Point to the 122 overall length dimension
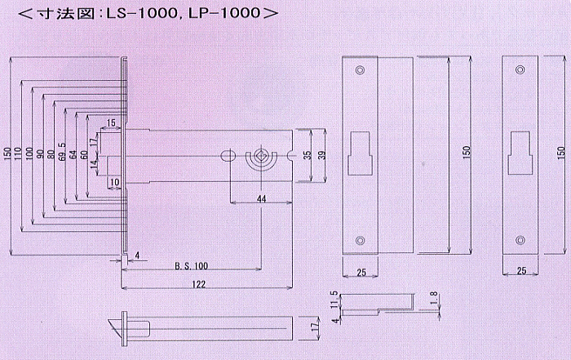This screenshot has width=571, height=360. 199,284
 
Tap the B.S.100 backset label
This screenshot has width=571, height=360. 191,265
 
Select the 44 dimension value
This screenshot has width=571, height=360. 262,198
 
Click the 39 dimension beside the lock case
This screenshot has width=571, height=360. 322,156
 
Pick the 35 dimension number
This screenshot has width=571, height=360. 308,155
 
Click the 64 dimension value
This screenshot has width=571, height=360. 73,154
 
